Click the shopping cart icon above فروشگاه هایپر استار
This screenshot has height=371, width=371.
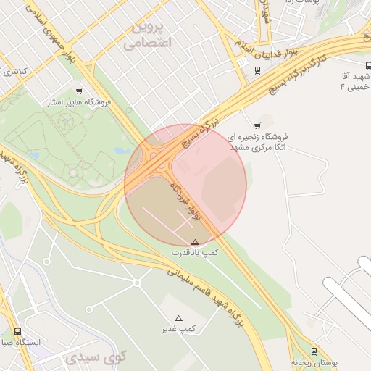(78, 91)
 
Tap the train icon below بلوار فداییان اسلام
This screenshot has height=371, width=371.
(258, 70)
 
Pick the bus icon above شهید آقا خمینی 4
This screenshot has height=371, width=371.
(368, 64)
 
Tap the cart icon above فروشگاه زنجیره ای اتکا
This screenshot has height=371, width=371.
(257, 125)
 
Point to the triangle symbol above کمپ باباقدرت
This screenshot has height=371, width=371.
(195, 242)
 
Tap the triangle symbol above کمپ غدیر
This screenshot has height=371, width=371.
(179, 318)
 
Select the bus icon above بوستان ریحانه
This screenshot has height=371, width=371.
(314, 350)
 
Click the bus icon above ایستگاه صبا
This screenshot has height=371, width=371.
(17, 331)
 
